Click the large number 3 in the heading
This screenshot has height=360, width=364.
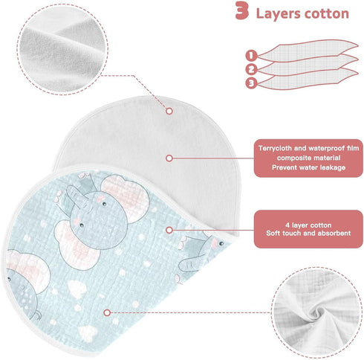tap(241, 10)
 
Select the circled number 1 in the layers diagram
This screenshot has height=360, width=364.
tap(251, 55)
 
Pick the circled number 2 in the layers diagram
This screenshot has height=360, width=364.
tap(251, 69)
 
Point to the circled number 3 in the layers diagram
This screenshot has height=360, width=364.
tap(251, 83)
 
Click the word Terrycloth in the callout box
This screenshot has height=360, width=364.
tap(275, 149)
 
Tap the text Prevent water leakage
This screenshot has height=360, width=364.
tap(308, 167)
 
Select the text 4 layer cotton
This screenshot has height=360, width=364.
tap(308, 225)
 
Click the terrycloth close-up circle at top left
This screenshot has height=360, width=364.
tap(63, 49)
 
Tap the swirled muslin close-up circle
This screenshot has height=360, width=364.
tap(316, 312)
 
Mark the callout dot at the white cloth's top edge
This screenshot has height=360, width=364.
tap(169, 111)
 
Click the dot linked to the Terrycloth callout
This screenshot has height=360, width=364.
tap(169, 158)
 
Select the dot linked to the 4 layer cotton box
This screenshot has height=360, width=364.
tap(169, 230)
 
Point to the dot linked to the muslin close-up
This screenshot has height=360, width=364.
tap(107, 312)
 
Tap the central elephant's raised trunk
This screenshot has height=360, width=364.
tap(74, 195)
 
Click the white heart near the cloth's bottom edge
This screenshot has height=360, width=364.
tap(88, 333)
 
